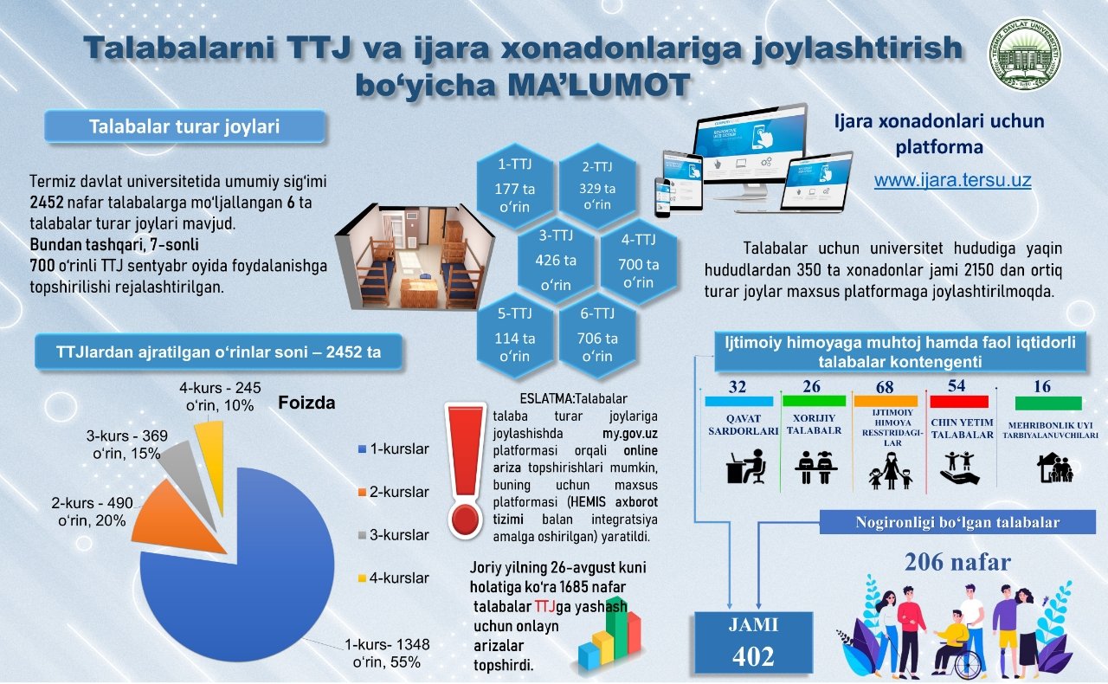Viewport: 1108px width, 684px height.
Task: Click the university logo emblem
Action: pyautogui.click(x=1026, y=55)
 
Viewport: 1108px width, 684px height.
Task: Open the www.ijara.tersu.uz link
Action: pyautogui.click(x=952, y=180)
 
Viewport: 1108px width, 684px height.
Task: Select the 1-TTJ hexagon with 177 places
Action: pyautogui.click(x=514, y=186)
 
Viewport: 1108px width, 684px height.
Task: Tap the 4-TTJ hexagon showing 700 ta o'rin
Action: pyautogui.click(x=638, y=261)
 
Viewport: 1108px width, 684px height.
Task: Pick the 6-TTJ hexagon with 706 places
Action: pyautogui.click(x=597, y=336)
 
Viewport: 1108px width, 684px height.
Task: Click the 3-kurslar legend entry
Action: pyautogui.click(x=394, y=535)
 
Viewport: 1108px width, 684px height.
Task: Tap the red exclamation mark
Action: pyautogui.click(x=465, y=470)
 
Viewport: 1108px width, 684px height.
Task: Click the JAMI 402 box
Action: pyautogui.click(x=753, y=642)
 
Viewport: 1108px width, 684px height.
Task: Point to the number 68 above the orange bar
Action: pyautogui.click(x=885, y=387)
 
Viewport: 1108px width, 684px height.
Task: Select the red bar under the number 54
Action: pyautogui.click(x=959, y=402)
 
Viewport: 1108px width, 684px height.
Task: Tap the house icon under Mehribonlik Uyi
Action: pyautogui.click(x=1054, y=468)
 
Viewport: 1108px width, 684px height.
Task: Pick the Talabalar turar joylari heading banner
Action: pyautogui.click(x=184, y=126)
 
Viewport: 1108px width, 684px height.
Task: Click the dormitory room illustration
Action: pyautogui.click(x=415, y=256)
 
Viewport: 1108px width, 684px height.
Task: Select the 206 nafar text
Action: pyautogui.click(x=957, y=562)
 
